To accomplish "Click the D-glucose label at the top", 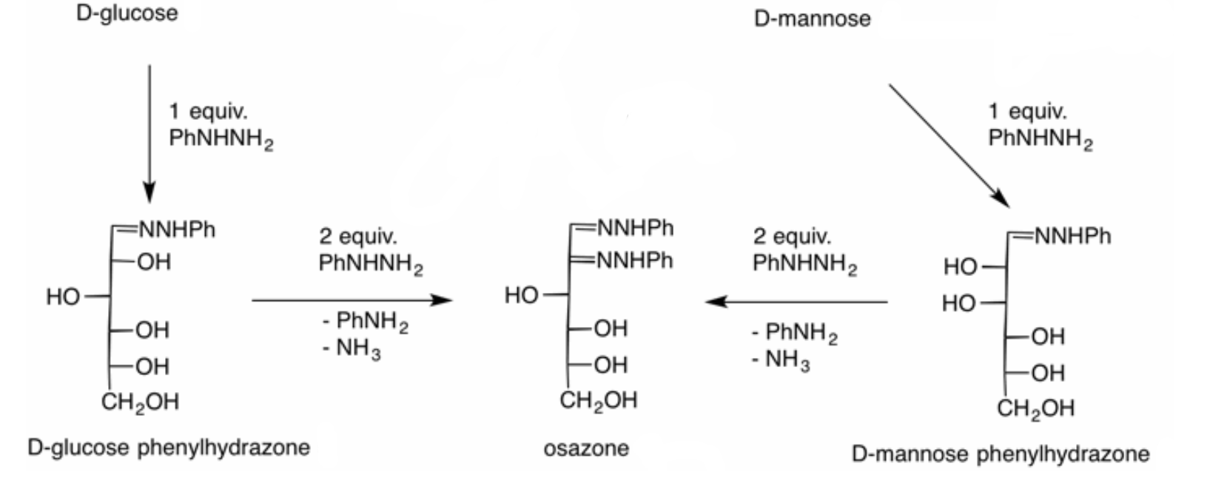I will (127, 13).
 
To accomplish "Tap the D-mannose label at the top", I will (812, 18).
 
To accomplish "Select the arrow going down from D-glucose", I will (149, 133).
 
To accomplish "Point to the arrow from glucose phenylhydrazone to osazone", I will (352, 300).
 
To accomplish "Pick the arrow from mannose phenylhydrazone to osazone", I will (796, 302).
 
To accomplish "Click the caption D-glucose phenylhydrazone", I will (169, 448).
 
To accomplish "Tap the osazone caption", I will (586, 448).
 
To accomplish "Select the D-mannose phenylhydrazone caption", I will (1001, 453).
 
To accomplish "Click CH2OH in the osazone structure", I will (599, 401).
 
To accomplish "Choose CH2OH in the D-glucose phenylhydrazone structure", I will (140, 402).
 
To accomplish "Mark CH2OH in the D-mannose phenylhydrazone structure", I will (1035, 408).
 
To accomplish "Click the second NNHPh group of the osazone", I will (635, 260).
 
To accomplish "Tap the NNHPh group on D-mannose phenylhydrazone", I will (1072, 236).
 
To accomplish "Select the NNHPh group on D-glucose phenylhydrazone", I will (177, 230).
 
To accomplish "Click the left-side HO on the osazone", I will (521, 296).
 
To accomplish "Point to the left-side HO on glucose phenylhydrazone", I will (62, 297).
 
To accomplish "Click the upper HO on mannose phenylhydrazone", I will (960, 267).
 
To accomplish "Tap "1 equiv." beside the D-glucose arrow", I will (208, 112).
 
